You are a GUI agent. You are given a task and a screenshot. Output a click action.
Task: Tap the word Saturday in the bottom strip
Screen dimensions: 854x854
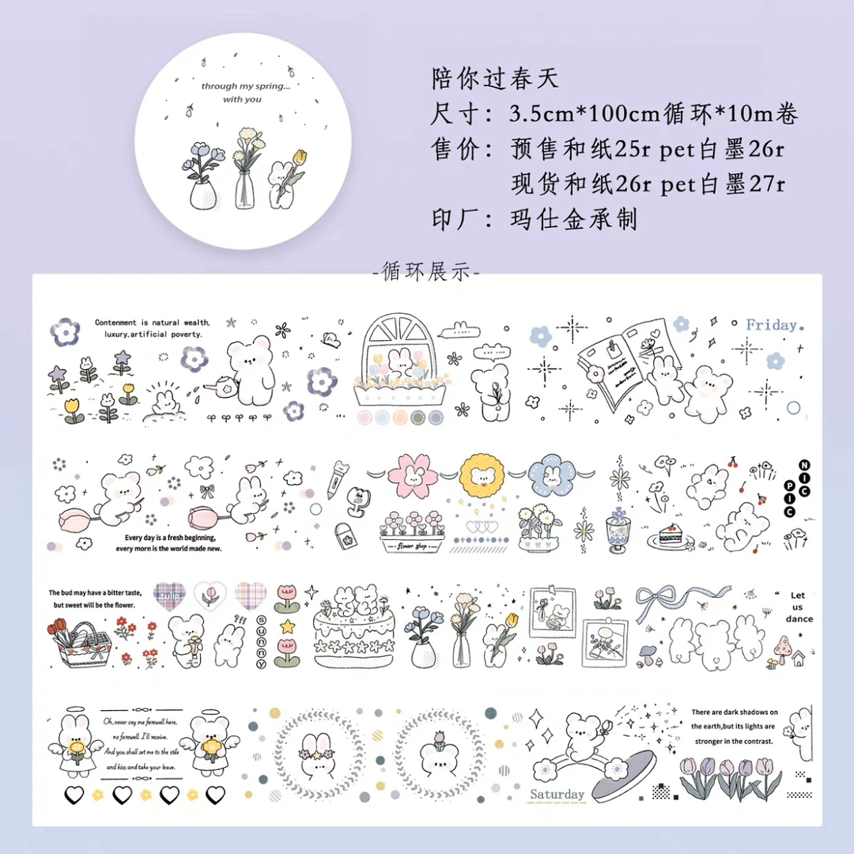coord(557,794)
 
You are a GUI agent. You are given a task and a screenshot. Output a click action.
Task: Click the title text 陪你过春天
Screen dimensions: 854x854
coord(496,78)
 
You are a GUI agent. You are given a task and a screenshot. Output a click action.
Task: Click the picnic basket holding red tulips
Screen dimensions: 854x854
coord(79,643)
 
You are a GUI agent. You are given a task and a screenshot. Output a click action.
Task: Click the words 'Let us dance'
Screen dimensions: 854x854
coord(799,607)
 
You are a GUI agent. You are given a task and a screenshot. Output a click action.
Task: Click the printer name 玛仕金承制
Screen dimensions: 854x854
coord(573,218)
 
